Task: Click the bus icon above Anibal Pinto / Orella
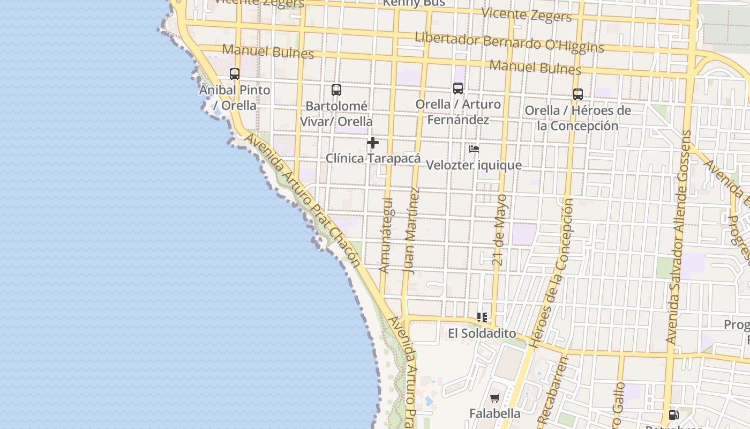235,74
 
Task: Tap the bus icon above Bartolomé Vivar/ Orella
336,90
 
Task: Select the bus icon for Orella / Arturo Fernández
458,88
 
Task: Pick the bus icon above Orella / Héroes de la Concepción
578,94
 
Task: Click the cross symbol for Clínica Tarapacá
373,143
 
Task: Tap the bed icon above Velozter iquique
474,149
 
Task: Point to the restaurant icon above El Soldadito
482,317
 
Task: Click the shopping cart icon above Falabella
494,398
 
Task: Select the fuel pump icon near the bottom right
673,415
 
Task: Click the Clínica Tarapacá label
373,159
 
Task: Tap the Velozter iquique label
474,165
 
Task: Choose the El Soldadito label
482,334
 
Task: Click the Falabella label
494,413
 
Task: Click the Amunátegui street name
386,235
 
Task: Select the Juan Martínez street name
411,231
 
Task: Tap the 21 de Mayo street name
499,230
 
